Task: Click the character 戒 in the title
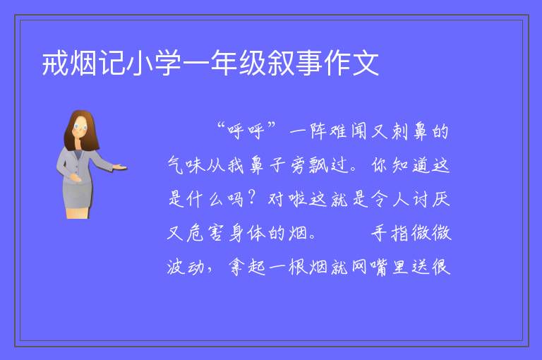55,64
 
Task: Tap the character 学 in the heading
168,64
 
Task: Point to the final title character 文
366,64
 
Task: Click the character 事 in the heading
309,64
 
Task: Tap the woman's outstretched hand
120,167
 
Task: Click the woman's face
80,126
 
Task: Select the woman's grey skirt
78,196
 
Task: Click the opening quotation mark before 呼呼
221,126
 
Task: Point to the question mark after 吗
253,198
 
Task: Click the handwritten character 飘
318,165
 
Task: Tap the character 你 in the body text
380,165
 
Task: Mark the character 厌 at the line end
441,199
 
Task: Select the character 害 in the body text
216,233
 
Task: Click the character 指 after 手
400,233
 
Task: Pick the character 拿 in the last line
236,267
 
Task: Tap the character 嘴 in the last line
380,267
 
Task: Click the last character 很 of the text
441,267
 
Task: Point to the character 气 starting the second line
176,165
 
